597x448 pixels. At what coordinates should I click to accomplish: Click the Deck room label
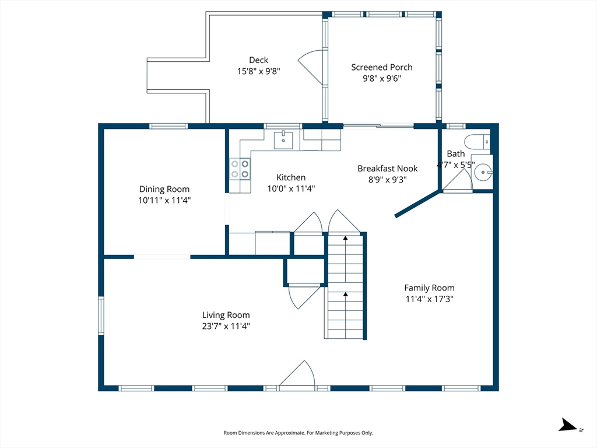point(258,60)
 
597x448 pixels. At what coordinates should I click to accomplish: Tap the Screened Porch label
point(381,68)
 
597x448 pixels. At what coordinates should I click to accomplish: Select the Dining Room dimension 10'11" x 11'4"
point(164,200)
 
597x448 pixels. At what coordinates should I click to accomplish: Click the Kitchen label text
point(291,177)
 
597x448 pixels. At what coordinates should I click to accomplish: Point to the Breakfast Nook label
point(387,169)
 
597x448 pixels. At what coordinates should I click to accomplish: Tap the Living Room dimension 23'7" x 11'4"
point(226,326)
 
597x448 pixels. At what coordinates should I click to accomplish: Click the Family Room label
point(429,288)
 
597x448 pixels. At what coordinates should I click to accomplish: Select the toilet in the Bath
point(477,142)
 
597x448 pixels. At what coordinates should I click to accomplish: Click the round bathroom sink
point(483,172)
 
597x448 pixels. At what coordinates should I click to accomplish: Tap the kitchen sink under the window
point(283,140)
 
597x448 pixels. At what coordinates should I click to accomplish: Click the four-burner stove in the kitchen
point(240,169)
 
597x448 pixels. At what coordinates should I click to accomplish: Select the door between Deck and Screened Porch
point(311,67)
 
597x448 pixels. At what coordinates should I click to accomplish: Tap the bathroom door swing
point(458,179)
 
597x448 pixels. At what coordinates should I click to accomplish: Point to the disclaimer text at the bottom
point(298,433)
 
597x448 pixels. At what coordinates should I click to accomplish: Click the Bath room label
point(456,154)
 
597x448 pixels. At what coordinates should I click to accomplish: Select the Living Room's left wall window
point(101,316)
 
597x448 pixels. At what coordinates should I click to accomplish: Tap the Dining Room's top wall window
point(168,126)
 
